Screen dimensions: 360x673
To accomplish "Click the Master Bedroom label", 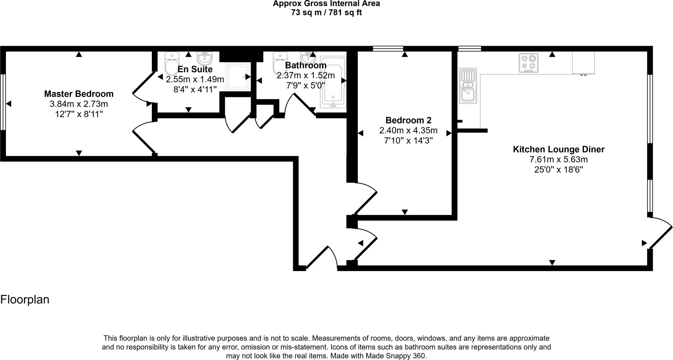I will click(x=79, y=94).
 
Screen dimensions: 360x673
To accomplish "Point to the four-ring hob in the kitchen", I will click(x=528, y=63).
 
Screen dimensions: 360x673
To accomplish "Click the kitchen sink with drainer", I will click(x=468, y=86).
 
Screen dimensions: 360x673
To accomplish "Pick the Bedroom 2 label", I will click(x=408, y=120).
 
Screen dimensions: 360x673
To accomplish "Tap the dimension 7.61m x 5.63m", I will click(x=558, y=160).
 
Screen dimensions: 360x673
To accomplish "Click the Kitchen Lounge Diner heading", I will click(x=558, y=149).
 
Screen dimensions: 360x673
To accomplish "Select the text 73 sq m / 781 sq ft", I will click(x=326, y=13).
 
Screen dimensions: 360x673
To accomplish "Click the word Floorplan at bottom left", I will click(x=25, y=300).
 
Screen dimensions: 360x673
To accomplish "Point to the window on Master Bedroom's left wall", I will click(x=3, y=102).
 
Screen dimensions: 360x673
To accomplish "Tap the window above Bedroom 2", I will click(x=388, y=49).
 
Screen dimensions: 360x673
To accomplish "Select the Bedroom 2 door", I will click(x=365, y=198).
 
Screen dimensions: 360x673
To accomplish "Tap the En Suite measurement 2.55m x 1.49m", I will click(x=195, y=79).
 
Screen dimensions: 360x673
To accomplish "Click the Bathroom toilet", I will click(x=279, y=63).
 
